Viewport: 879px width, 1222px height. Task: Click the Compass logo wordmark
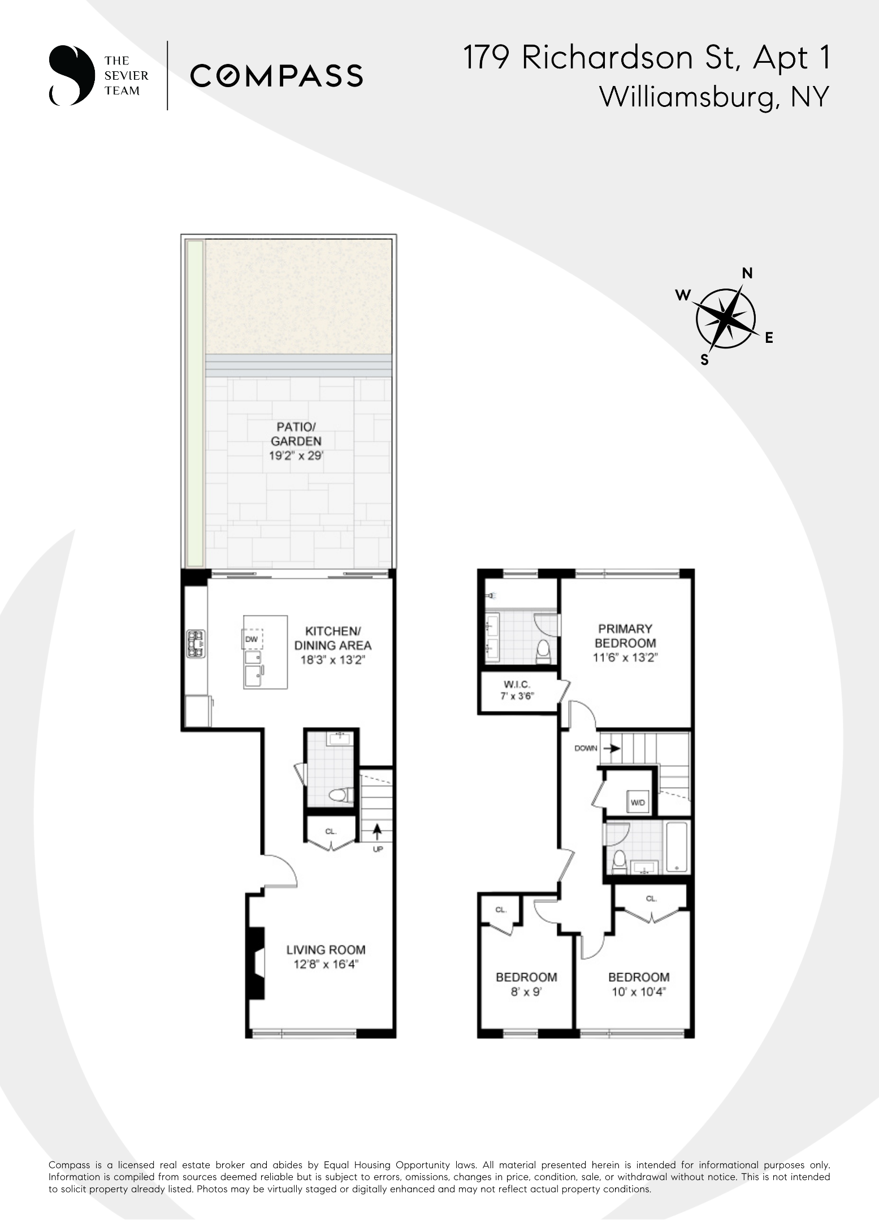(x=276, y=76)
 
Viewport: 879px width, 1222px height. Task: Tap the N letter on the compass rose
(x=747, y=274)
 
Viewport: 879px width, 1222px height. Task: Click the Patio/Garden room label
(x=296, y=434)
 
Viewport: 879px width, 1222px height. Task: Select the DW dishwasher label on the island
(x=252, y=639)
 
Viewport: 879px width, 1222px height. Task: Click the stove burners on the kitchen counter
(x=196, y=644)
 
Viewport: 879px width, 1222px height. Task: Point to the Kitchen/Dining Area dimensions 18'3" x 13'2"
(x=332, y=660)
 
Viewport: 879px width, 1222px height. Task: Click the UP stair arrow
(x=376, y=832)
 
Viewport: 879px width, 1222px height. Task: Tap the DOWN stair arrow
(x=611, y=748)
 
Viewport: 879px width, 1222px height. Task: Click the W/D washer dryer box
(x=638, y=802)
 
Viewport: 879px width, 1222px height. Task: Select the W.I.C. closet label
(x=517, y=684)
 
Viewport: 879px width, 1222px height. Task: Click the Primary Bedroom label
(x=625, y=636)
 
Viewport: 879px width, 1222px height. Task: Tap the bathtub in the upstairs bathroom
(x=676, y=847)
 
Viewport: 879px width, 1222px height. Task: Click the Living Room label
(x=326, y=950)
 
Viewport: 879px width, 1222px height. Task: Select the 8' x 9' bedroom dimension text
(x=526, y=992)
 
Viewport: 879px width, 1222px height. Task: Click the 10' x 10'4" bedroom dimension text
(x=639, y=992)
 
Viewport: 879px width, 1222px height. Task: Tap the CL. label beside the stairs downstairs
(x=331, y=831)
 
